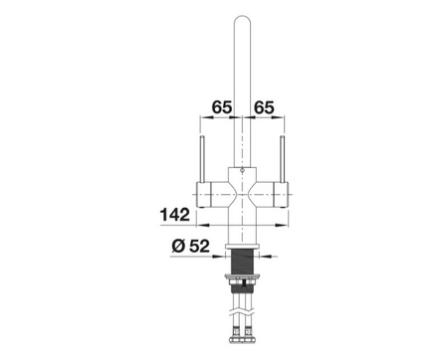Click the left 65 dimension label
[x=222, y=107]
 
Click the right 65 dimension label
[x=264, y=107]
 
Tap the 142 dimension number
[x=175, y=215]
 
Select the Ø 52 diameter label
[x=191, y=246]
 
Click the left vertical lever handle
[x=202, y=159]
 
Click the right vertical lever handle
[x=283, y=159]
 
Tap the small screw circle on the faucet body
[x=242, y=171]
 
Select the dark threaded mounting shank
[x=242, y=262]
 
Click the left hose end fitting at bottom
[x=236, y=335]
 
